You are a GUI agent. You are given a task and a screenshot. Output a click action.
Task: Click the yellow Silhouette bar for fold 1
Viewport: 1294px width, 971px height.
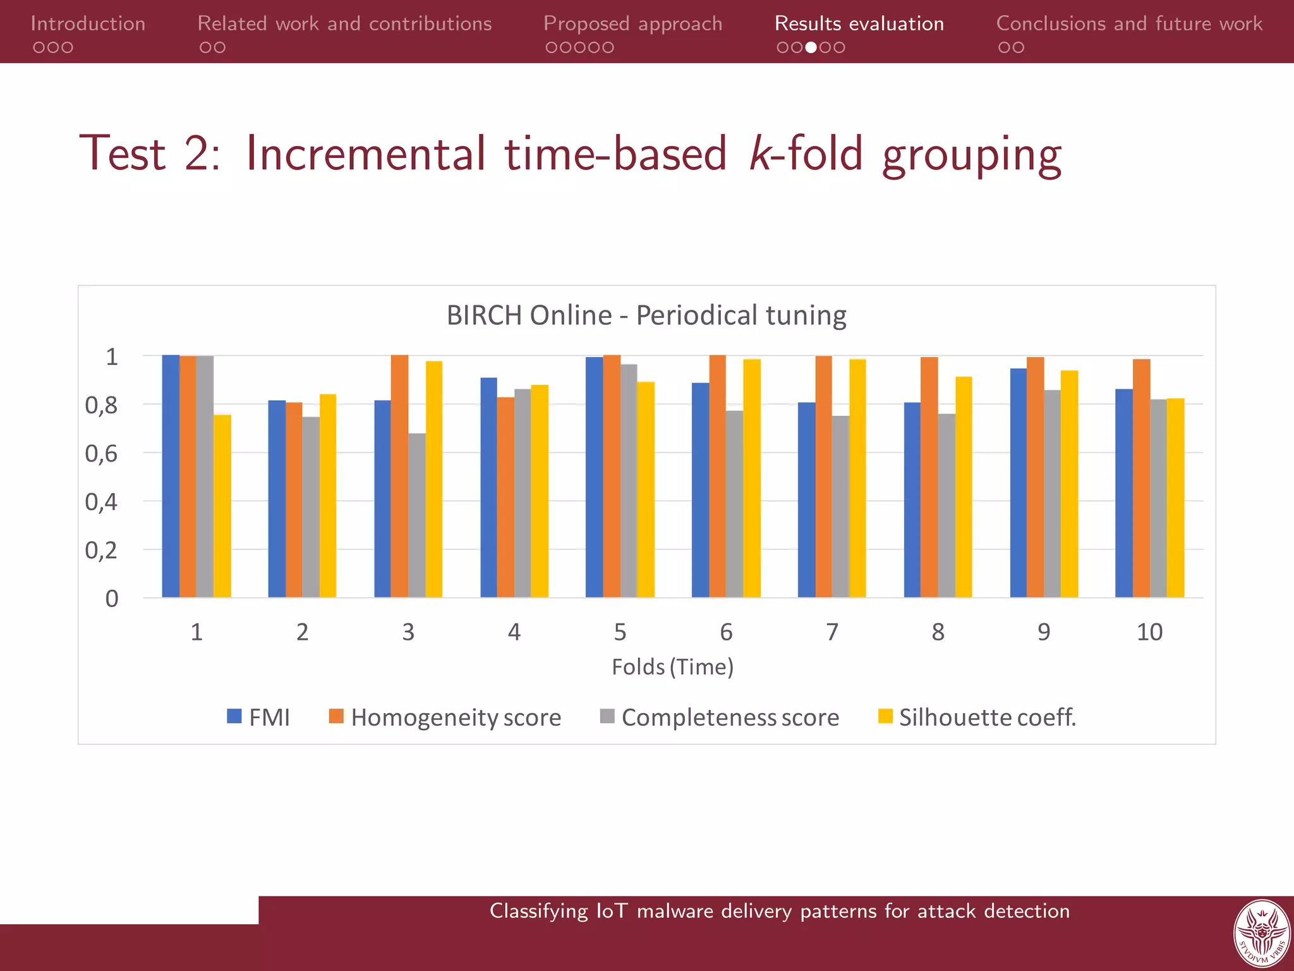(x=222, y=506)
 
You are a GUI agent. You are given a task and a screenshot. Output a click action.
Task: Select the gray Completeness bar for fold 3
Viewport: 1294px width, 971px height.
(x=417, y=515)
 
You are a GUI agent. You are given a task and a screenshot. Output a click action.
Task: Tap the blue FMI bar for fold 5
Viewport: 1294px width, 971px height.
(x=594, y=477)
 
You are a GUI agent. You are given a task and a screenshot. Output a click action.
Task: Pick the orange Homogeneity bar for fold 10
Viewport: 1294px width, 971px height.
(x=1141, y=479)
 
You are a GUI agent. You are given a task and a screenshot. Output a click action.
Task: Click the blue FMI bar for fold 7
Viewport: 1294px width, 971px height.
(x=806, y=499)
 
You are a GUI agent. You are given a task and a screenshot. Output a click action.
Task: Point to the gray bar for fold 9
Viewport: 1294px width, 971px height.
(x=1052, y=493)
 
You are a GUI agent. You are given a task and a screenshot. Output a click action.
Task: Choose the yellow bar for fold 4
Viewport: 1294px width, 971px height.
(x=540, y=491)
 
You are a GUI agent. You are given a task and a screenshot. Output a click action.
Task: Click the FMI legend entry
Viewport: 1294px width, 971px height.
(x=259, y=717)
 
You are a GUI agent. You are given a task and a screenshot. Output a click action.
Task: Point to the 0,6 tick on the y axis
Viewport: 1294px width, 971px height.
(x=102, y=453)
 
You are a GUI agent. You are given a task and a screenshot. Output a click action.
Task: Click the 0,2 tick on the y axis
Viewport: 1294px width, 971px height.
(x=102, y=550)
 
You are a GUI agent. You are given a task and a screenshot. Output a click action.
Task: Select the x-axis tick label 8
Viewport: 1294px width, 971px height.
(x=938, y=632)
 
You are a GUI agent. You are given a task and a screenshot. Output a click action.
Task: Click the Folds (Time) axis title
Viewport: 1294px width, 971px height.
(x=672, y=666)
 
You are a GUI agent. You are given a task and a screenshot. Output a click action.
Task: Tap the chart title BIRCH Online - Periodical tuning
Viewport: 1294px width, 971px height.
(x=646, y=315)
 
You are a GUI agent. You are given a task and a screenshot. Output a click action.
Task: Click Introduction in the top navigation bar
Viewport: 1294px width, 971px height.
(x=88, y=23)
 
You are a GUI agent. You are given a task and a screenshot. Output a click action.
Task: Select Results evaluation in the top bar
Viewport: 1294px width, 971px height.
(x=859, y=23)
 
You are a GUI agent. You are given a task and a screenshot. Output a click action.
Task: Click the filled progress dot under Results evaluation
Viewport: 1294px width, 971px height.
(x=811, y=47)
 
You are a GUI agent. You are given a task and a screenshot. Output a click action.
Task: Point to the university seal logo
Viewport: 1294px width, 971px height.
(x=1262, y=934)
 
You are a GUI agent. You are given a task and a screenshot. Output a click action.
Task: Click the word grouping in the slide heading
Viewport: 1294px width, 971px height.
(x=972, y=155)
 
